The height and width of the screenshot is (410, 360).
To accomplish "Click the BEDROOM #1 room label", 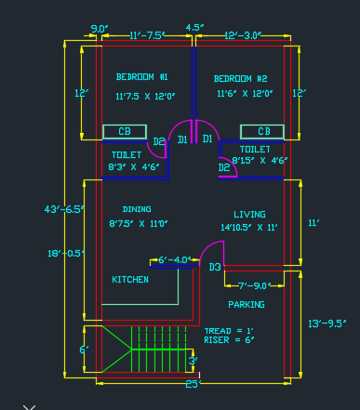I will point(141,76).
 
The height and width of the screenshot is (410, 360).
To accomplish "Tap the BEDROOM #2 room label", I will point(240,79).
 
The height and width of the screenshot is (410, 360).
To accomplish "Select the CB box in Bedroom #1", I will point(126,132).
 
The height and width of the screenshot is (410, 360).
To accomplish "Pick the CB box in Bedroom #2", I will point(262,132).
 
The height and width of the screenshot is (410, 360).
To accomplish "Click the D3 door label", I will point(215,268).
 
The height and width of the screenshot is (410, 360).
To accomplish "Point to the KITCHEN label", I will point(130,279).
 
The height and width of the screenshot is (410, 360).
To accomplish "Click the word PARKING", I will point(247,304).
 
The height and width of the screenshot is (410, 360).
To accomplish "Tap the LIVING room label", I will point(249,214).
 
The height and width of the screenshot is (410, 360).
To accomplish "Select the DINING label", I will point(137,209).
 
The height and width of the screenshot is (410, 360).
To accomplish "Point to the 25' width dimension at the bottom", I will point(193,383).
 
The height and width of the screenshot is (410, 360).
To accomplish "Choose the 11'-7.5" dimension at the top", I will point(147,35).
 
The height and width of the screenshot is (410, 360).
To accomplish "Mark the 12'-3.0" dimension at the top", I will point(244,35).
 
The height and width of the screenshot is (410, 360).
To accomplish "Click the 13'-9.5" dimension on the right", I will point(327,323).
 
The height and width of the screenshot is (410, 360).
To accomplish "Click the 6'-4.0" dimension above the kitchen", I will point(175,259).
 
